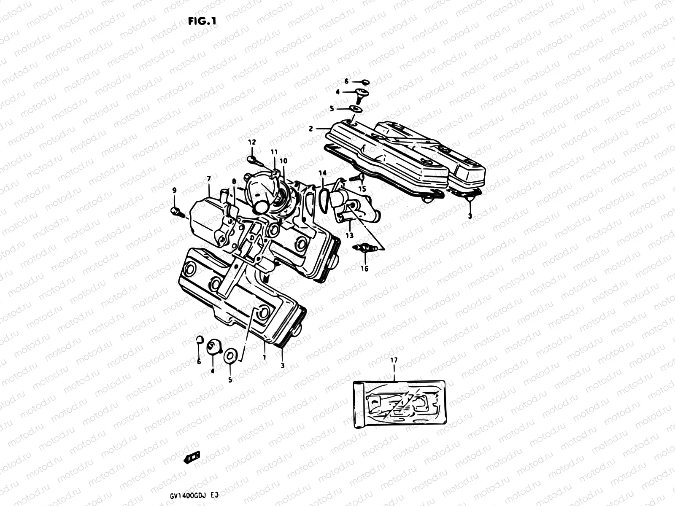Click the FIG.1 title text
pyautogui.click(x=202, y=22)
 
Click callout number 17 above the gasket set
pyautogui.click(x=394, y=360)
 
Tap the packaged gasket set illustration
pyautogui.click(x=399, y=404)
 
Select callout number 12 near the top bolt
pyautogui.click(x=251, y=143)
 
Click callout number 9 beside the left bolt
pyautogui.click(x=174, y=191)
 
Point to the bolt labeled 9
pyautogui.click(x=177, y=211)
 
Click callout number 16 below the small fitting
pyautogui.click(x=364, y=268)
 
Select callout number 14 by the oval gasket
pyautogui.click(x=322, y=173)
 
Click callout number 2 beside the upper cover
pyautogui.click(x=310, y=129)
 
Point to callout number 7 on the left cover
pyautogui.click(x=208, y=179)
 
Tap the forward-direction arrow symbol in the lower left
pyautogui.click(x=192, y=457)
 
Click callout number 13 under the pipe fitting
pyautogui.click(x=349, y=235)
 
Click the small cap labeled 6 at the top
pyautogui.click(x=365, y=82)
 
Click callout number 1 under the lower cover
pyautogui.click(x=264, y=358)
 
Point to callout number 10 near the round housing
pyautogui.click(x=283, y=161)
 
